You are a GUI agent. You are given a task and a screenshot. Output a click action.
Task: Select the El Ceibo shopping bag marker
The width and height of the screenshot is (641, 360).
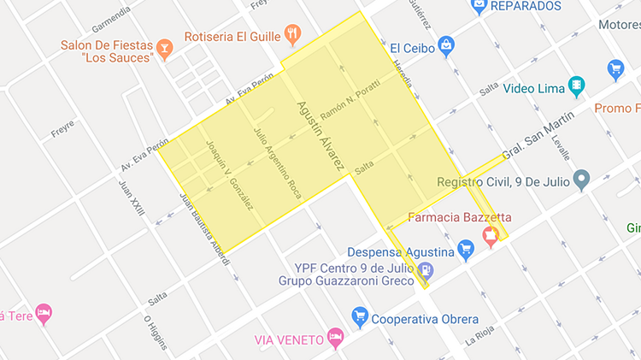click(x=445, y=44)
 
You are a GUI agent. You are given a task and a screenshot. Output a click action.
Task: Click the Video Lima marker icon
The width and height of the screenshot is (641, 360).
click(x=579, y=86)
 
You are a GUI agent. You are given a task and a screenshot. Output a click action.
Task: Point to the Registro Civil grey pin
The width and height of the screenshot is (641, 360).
click(x=582, y=180)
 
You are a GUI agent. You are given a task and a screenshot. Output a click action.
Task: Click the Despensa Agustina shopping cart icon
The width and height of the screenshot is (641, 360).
click(x=466, y=251)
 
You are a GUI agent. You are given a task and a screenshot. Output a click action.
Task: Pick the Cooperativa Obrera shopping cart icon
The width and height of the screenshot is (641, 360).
click(x=359, y=317)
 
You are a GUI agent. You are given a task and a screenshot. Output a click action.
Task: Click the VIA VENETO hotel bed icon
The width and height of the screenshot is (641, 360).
click(x=336, y=339)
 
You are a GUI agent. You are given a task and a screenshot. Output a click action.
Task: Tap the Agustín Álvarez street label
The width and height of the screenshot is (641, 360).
click(x=319, y=135)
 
